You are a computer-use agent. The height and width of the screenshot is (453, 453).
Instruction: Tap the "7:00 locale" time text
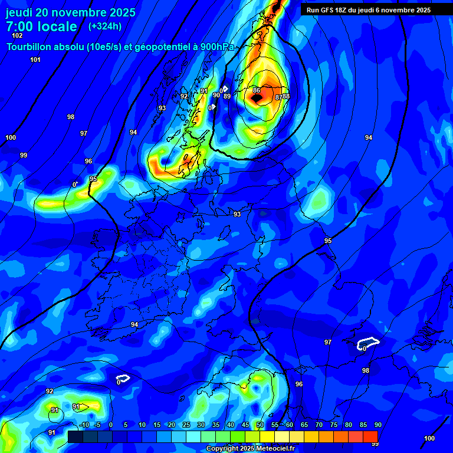point(41,27)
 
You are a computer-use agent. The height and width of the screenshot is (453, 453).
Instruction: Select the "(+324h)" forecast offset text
point(105,26)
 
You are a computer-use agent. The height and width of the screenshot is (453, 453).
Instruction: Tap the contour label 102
point(17,35)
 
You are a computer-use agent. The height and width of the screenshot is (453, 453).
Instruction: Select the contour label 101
point(35,60)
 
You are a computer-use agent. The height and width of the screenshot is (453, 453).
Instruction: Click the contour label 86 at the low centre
point(257,90)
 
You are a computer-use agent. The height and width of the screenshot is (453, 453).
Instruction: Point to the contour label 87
point(279,97)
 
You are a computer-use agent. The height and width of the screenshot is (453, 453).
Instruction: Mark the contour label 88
point(286,96)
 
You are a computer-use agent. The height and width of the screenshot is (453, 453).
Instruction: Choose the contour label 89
point(227,96)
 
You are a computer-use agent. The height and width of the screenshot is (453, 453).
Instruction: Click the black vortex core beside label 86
point(257,99)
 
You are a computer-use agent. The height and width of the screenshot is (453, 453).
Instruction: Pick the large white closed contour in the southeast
point(369,343)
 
